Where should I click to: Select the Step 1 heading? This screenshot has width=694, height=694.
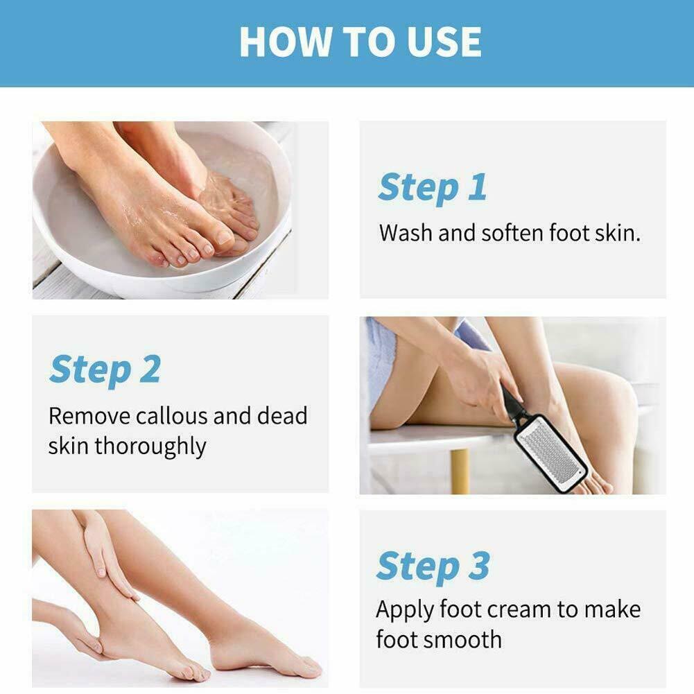[x=433, y=187]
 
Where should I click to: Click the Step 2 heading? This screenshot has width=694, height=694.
[x=105, y=370]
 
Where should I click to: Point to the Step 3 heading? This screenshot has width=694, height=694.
[x=433, y=566]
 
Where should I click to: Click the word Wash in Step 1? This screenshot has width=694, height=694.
[x=406, y=233]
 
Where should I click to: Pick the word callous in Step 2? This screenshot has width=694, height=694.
[x=172, y=416]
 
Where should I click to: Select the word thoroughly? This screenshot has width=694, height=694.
[x=150, y=447]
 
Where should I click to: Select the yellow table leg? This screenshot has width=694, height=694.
[x=460, y=471]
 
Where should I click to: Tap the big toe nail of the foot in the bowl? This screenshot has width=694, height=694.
[x=225, y=237]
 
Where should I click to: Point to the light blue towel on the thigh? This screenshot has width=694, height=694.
[x=381, y=358]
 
